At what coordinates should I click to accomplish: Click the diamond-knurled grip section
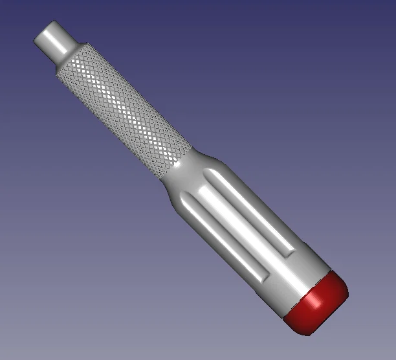coord(123,110)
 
